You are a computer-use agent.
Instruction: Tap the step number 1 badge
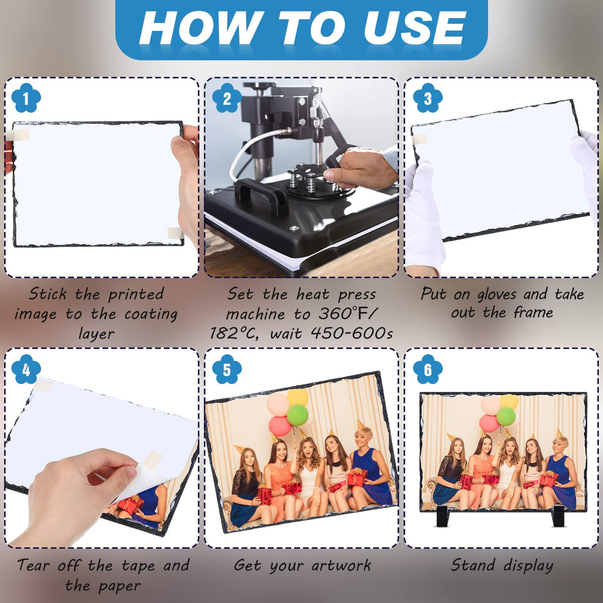pos(25,98)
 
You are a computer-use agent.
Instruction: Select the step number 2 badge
pos(226,98)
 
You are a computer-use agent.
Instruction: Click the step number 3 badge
pos(427,98)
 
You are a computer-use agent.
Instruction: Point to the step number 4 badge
pos(25,370)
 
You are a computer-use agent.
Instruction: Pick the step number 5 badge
pos(226,370)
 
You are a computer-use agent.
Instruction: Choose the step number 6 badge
pos(427,370)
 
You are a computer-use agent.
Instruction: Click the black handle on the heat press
pos(261,193)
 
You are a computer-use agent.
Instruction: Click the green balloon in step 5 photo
pos(298,415)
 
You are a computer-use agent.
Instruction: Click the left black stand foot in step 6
pos(442,517)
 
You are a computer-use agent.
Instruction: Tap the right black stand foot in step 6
pos(558,517)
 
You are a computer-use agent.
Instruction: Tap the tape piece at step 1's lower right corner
pos(174,233)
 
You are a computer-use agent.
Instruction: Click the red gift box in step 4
pos(131,505)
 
